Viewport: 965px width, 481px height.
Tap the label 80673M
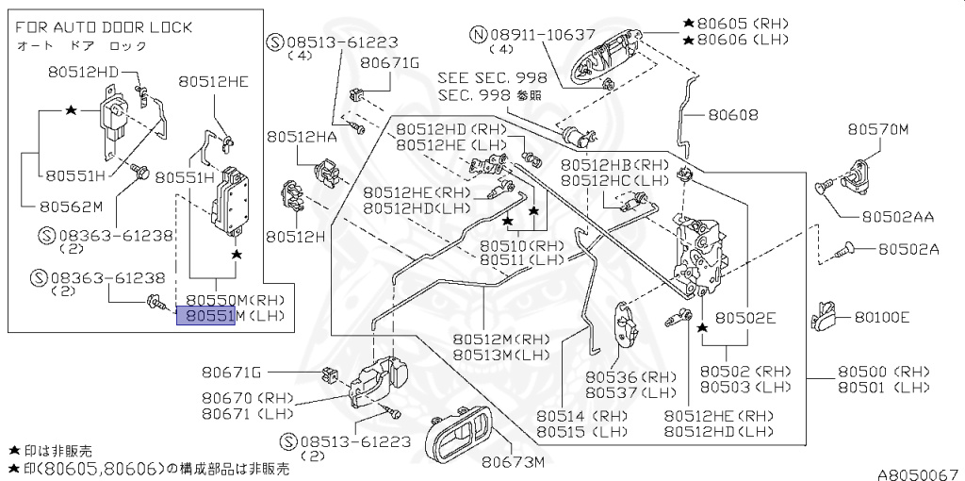pyautogui.click(x=514, y=462)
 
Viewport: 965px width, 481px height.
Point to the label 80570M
pyautogui.click(x=876, y=130)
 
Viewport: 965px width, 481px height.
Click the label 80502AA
pyautogui.click(x=896, y=217)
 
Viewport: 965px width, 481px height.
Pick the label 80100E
pyautogui.click(x=882, y=317)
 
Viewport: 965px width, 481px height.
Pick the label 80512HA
pyautogui.click(x=302, y=137)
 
